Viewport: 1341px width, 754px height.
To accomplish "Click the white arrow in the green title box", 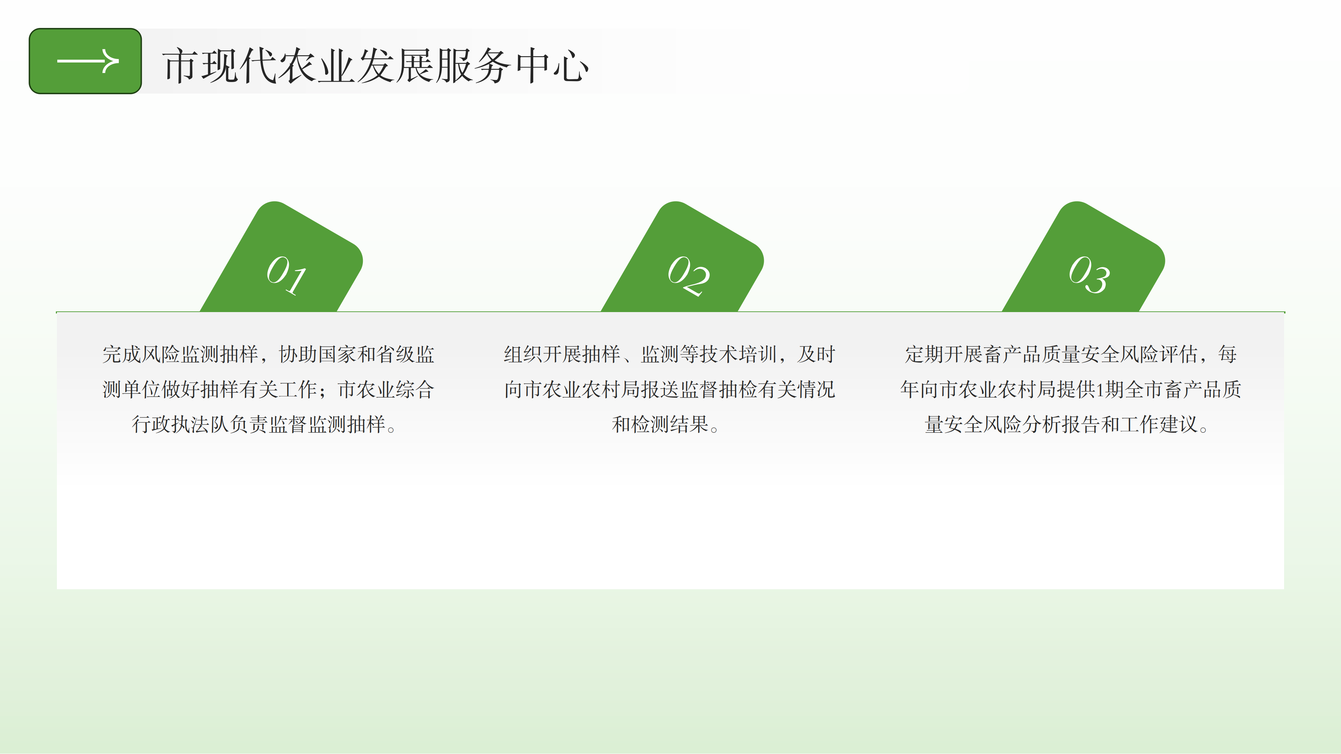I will pyautogui.click(x=87, y=61).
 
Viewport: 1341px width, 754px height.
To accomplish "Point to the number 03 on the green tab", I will pyautogui.click(x=1089, y=274).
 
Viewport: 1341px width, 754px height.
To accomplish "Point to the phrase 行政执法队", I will pyautogui.click(x=181, y=424).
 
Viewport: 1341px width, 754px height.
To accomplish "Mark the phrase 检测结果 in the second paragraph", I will pyautogui.click(x=670, y=424).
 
